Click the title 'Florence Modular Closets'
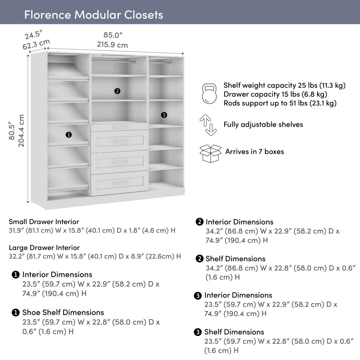point(94,15)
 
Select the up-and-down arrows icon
point(208,125)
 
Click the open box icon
point(210,153)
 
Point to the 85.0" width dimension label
point(113,35)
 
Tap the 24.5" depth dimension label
point(33,34)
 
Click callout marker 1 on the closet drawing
point(69,135)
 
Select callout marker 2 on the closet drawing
point(117,91)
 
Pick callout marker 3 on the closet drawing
point(164,115)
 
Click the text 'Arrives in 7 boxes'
point(255,152)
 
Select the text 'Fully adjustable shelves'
point(263,125)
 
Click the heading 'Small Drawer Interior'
point(44,222)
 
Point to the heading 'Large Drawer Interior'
point(44,248)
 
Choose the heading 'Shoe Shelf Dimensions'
point(63,312)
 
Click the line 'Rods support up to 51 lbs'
point(280,103)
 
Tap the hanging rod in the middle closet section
point(114,61)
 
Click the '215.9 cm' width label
point(112,45)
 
